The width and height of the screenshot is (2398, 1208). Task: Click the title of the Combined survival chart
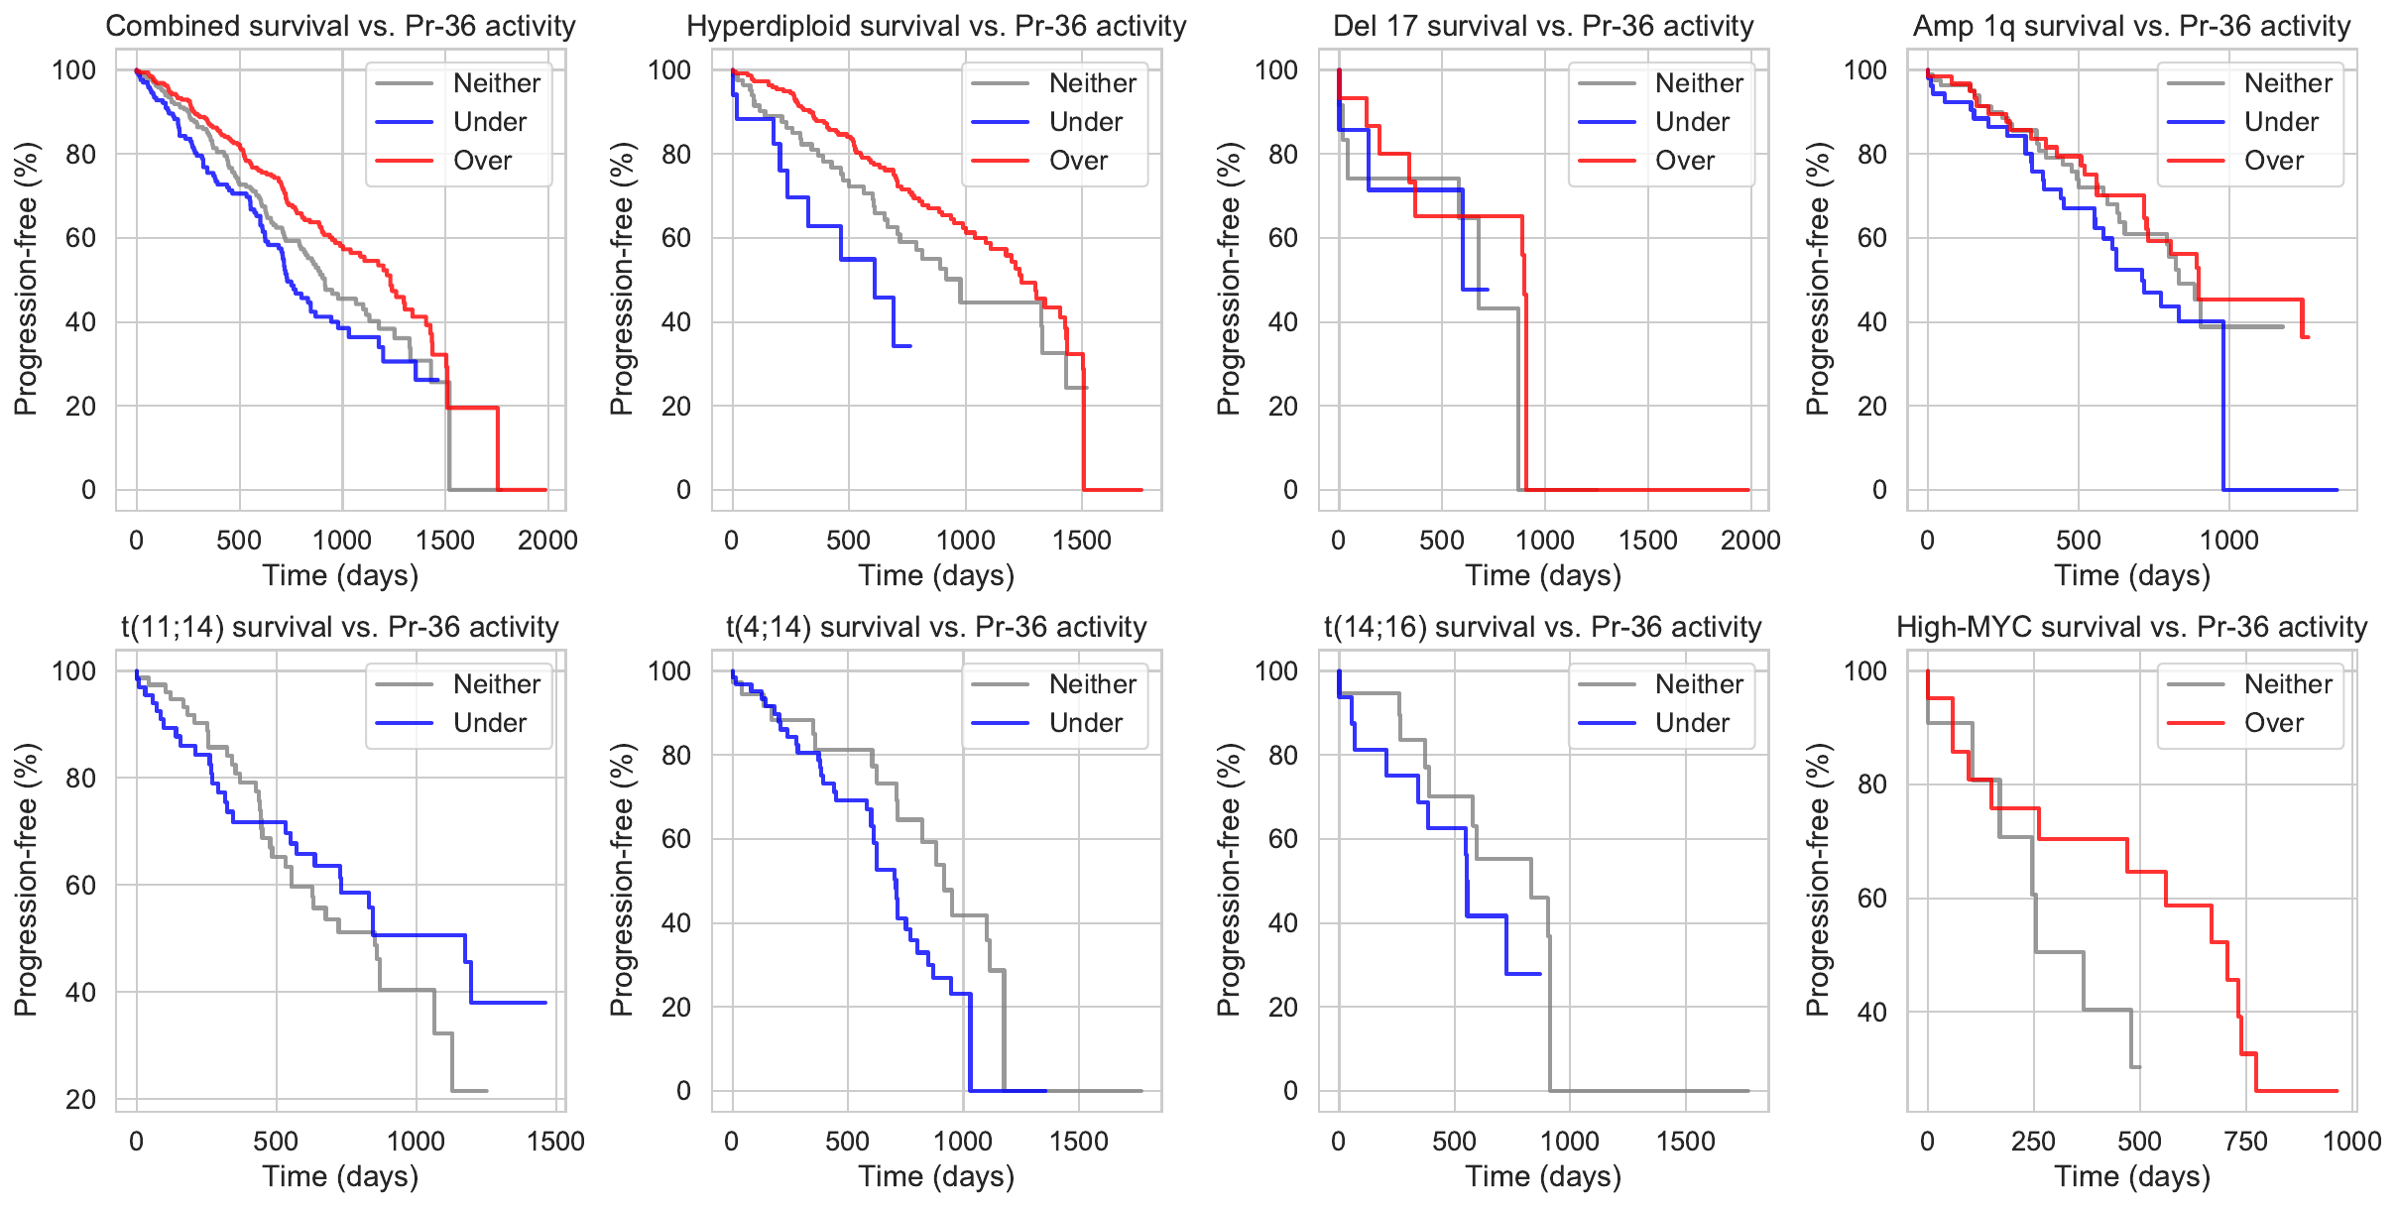pos(340,26)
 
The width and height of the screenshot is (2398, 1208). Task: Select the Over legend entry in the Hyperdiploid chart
pos(1078,161)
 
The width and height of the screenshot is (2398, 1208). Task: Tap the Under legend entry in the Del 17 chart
pos(1692,122)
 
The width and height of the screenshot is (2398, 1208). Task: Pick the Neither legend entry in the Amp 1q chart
pos(2288,83)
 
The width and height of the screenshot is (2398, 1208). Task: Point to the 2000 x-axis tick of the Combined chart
pos(547,541)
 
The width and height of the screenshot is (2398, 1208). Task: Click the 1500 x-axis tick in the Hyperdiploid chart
pos(1082,541)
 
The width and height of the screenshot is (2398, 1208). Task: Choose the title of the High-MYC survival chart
pos(2131,627)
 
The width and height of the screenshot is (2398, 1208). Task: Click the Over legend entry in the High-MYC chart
pos(2273,723)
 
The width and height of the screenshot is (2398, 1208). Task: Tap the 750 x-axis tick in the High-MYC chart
pos(2246,1142)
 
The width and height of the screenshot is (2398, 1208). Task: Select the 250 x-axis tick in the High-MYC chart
pos(2033,1142)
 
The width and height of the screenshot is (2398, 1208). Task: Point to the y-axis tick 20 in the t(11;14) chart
pos(80,1099)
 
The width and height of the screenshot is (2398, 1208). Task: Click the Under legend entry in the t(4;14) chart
pos(1086,723)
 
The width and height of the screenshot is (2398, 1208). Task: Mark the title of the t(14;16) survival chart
pos(1542,627)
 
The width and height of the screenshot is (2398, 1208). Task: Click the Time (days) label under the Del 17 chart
pos(1543,575)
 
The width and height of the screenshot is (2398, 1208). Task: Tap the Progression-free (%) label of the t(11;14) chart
pos(26,880)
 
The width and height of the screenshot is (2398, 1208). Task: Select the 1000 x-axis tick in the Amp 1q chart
pos(2229,541)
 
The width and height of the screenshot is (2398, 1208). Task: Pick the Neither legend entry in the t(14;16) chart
pos(1699,684)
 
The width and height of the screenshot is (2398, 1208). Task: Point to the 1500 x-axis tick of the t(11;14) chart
pos(555,1142)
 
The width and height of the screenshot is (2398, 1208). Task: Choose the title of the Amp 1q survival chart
pos(2131,26)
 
